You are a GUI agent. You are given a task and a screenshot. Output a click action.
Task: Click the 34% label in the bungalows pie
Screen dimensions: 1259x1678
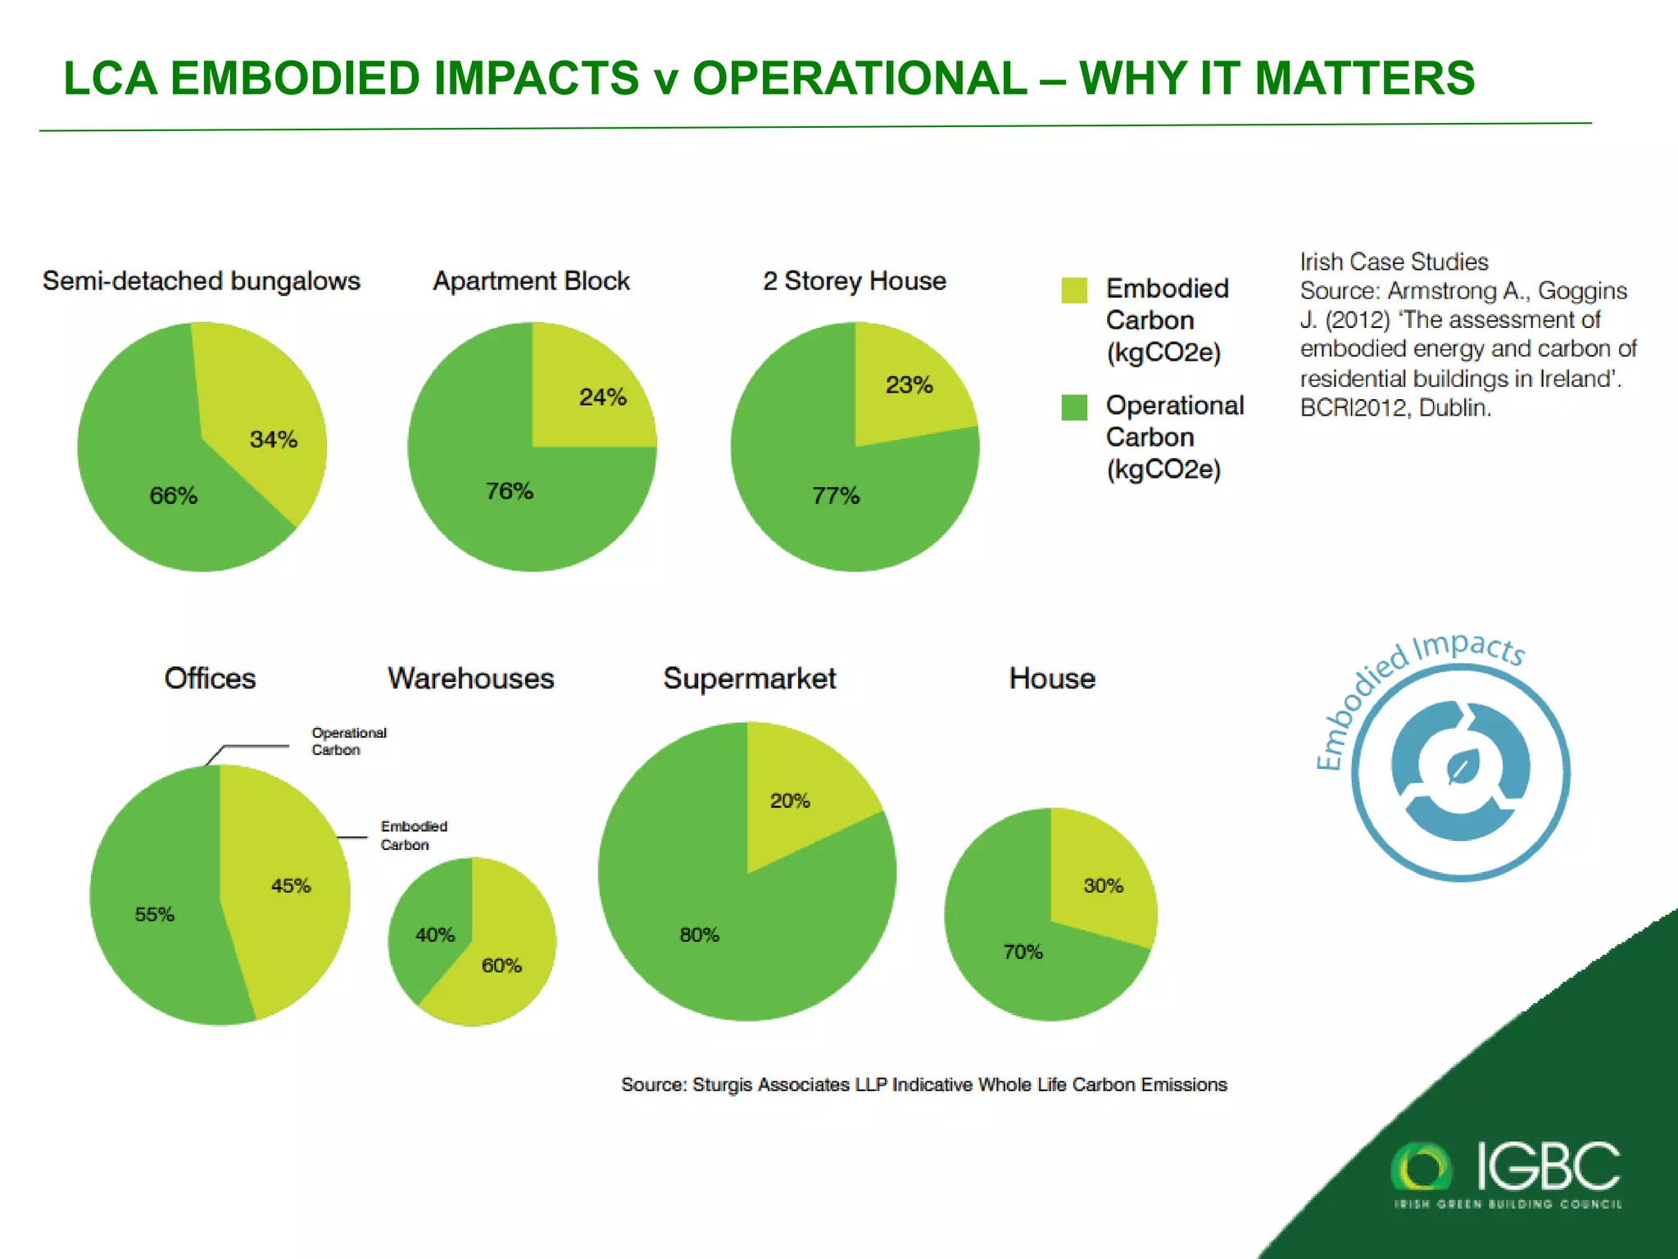tap(274, 440)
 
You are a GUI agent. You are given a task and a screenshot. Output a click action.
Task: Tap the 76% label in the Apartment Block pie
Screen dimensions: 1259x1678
tap(510, 492)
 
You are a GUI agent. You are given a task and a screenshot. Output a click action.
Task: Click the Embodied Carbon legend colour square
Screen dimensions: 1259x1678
tap(1073, 290)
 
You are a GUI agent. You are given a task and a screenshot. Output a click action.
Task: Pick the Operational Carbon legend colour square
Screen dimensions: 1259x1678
tap(1073, 407)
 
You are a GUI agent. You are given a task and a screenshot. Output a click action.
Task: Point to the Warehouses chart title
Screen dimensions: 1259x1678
tap(470, 679)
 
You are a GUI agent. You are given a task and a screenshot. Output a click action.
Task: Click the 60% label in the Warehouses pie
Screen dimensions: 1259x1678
tap(501, 966)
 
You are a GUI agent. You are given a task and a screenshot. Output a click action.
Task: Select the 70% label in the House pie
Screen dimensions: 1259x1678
tap(1023, 952)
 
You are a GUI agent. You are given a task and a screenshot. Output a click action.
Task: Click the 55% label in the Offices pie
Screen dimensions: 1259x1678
tap(154, 915)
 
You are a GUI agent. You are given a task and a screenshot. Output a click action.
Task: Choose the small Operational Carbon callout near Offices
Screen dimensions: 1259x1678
tap(348, 741)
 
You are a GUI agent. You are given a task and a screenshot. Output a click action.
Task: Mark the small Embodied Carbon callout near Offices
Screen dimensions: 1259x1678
tap(413, 835)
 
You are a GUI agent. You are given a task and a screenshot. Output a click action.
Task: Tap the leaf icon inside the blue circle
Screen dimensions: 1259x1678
tap(1460, 769)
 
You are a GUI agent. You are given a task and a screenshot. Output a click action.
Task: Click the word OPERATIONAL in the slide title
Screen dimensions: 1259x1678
tap(859, 79)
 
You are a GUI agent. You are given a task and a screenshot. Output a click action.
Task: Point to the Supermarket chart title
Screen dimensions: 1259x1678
tap(749, 679)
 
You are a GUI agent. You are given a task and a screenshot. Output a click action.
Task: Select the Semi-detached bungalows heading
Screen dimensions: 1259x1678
tap(201, 281)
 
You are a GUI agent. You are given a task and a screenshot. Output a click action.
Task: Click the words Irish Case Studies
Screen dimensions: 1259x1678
tap(1393, 262)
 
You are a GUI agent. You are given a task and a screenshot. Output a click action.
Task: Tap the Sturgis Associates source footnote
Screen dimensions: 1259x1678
tap(923, 1085)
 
